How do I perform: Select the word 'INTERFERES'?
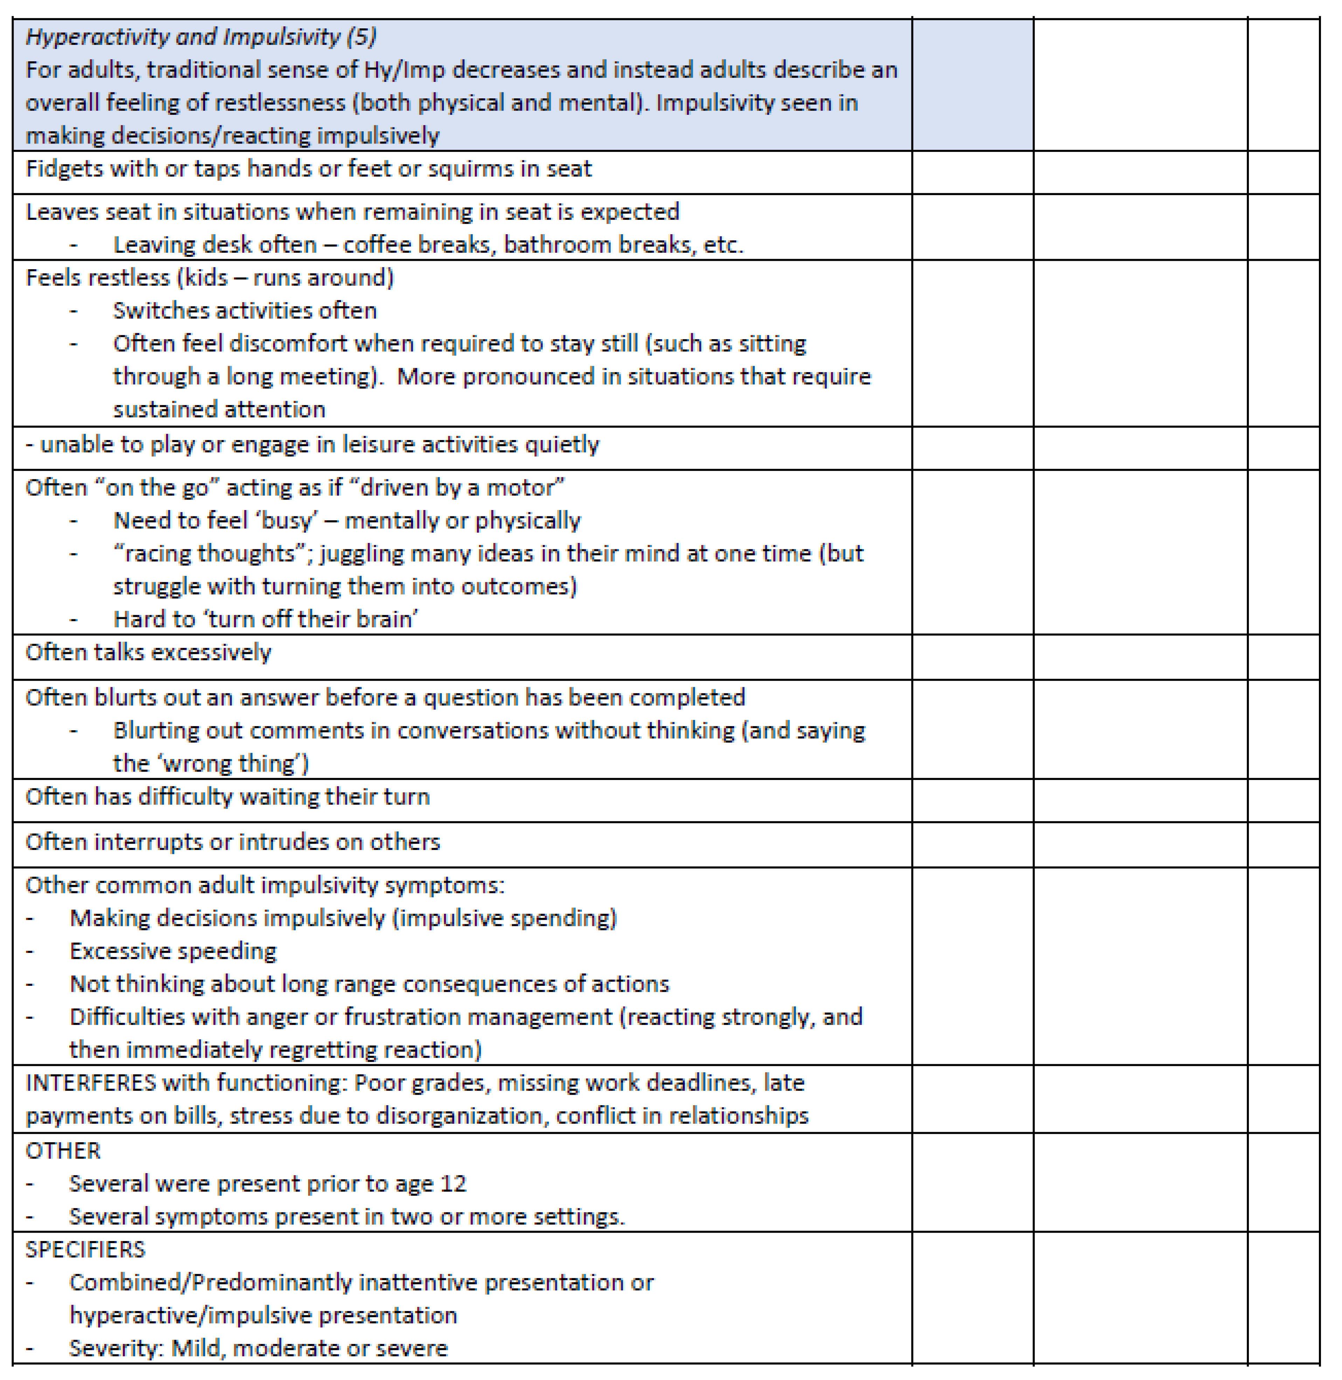click(90, 1082)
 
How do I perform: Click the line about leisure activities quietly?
click(312, 445)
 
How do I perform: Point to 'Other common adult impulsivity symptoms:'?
click(265, 885)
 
